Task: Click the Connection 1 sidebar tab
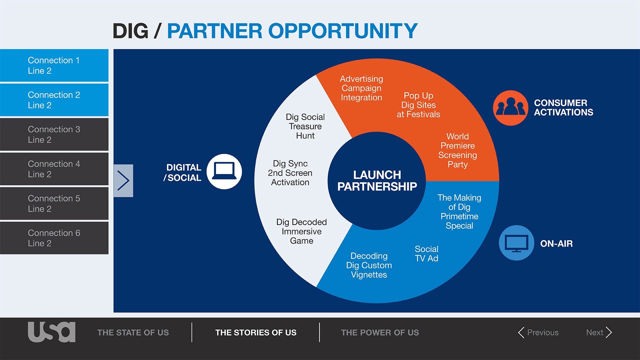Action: tap(54, 65)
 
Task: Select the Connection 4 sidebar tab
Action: tap(54, 169)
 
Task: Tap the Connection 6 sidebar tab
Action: tap(54, 238)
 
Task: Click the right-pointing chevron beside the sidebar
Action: tap(123, 181)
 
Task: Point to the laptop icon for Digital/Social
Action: tap(224, 171)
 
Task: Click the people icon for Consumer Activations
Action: tap(510, 108)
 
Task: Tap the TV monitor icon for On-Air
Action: tap(516, 243)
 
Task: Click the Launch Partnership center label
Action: tap(377, 181)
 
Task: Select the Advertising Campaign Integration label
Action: tap(361, 88)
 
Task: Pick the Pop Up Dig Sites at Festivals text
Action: tap(418, 105)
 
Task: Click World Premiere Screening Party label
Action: tap(458, 150)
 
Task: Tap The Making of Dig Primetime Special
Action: tap(459, 212)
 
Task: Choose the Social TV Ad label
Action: tap(426, 254)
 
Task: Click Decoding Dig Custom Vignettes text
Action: tap(369, 265)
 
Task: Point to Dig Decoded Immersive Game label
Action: tap(301, 231)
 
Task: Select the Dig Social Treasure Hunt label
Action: tap(305, 126)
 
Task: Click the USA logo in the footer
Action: tap(52, 332)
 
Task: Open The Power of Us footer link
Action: tap(380, 333)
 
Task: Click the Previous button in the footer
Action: tap(538, 332)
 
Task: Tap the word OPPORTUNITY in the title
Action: tap(343, 31)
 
